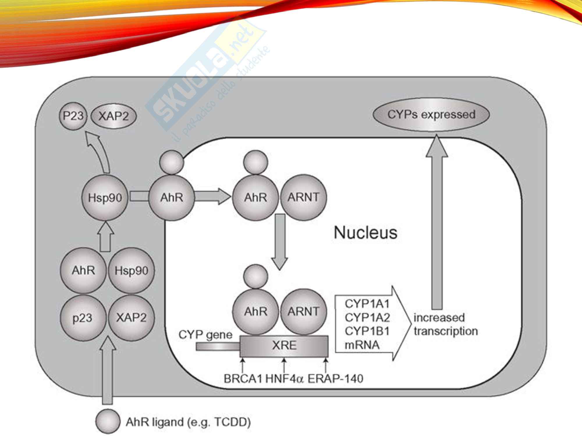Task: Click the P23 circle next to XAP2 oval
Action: (x=73, y=116)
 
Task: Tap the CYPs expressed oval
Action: (x=431, y=115)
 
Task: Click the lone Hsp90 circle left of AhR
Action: (x=105, y=198)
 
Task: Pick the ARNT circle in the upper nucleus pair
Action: (x=303, y=197)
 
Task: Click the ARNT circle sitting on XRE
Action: (x=303, y=312)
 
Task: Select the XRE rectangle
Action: (x=284, y=346)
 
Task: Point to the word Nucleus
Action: (x=365, y=233)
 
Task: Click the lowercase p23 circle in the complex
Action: (x=83, y=318)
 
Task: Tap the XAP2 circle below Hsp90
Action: (x=131, y=318)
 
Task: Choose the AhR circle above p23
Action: (x=83, y=271)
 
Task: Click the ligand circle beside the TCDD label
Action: (x=108, y=421)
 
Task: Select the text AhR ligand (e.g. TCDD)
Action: (x=188, y=422)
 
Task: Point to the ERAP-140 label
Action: (x=335, y=379)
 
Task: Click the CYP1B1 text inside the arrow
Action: (x=367, y=331)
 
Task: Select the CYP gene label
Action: (x=205, y=335)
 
